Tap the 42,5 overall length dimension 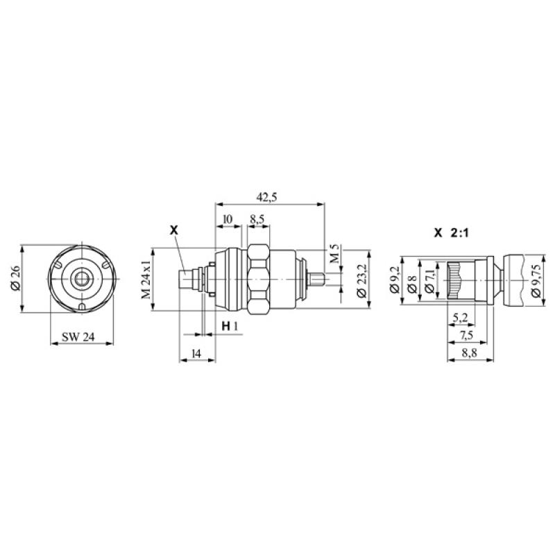pos(266,198)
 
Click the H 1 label pos(230,326)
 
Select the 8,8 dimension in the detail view pos(468,353)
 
